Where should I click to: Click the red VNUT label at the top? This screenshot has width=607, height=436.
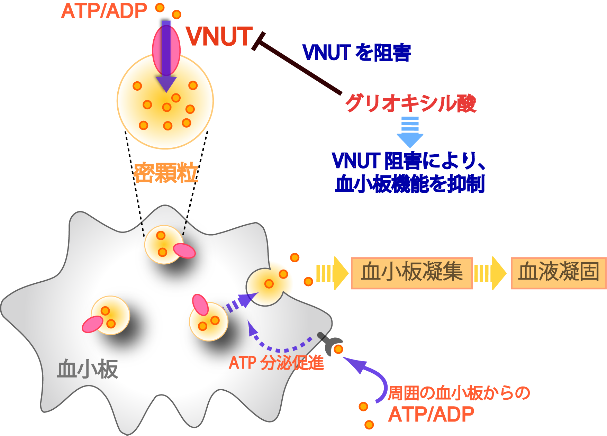[219, 36]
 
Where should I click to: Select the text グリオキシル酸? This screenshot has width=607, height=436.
[411, 103]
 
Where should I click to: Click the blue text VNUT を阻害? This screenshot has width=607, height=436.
[357, 53]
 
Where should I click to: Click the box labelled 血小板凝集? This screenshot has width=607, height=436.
[412, 273]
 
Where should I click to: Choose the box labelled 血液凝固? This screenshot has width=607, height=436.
[559, 273]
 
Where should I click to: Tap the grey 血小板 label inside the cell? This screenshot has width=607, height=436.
[88, 369]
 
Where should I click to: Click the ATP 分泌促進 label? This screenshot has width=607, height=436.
[276, 363]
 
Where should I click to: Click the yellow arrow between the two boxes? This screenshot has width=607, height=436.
[490, 273]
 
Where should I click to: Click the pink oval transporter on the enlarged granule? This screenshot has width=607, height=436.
[166, 51]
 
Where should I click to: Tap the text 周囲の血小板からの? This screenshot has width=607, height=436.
[459, 393]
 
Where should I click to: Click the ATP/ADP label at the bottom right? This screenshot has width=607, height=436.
[431, 414]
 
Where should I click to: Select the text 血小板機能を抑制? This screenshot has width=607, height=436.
[410, 184]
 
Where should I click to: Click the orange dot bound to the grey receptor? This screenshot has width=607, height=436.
[338, 349]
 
